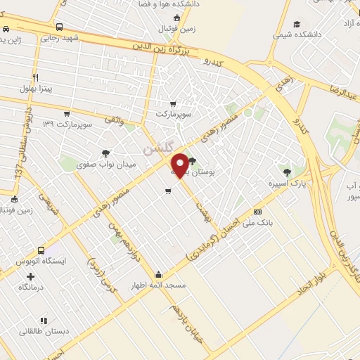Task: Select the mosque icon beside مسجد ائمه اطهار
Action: (159, 275)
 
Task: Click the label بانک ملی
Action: (257, 222)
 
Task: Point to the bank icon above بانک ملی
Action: (257, 212)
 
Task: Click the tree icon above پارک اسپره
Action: (285, 171)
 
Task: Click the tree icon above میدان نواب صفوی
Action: (106, 153)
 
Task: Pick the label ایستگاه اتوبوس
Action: (41, 261)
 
